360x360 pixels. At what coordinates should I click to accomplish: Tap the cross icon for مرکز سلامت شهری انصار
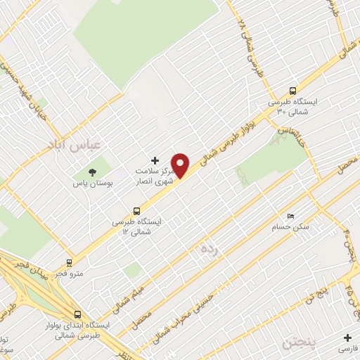[155, 162]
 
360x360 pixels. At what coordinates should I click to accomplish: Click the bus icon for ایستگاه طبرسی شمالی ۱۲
[138, 210]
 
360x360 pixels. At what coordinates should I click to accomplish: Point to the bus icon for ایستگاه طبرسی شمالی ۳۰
[292, 90]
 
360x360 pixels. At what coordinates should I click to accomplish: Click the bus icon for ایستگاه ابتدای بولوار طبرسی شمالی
[77, 314]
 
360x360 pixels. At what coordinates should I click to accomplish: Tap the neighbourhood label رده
[210, 250]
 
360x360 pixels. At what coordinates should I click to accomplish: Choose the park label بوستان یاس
[91, 184]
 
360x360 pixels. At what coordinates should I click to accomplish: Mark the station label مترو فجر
[69, 272]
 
